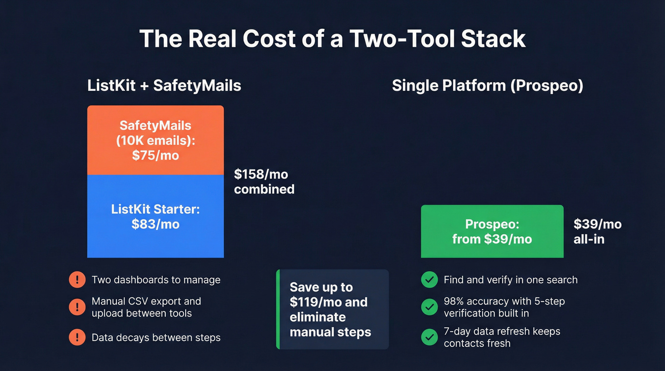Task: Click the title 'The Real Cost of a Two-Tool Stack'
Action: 332,39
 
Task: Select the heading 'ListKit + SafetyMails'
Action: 164,86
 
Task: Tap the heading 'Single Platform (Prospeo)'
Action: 487,86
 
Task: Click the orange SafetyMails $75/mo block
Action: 155,140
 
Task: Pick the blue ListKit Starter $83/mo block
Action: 155,217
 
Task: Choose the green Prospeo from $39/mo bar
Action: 492,231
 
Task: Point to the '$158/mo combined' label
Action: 264,181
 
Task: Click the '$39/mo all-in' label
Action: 597,231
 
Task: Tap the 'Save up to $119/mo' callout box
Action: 332,309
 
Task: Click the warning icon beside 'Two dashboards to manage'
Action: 77,280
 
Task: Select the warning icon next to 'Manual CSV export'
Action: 77,307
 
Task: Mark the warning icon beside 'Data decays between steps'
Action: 77,337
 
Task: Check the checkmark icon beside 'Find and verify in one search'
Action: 429,280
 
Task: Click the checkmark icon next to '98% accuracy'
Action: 429,307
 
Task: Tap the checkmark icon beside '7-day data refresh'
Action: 429,337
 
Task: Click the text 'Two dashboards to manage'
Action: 156,280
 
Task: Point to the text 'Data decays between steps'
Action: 156,338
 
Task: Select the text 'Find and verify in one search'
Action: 511,280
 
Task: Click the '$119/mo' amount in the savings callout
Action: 313,302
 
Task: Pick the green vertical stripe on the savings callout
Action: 278,309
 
